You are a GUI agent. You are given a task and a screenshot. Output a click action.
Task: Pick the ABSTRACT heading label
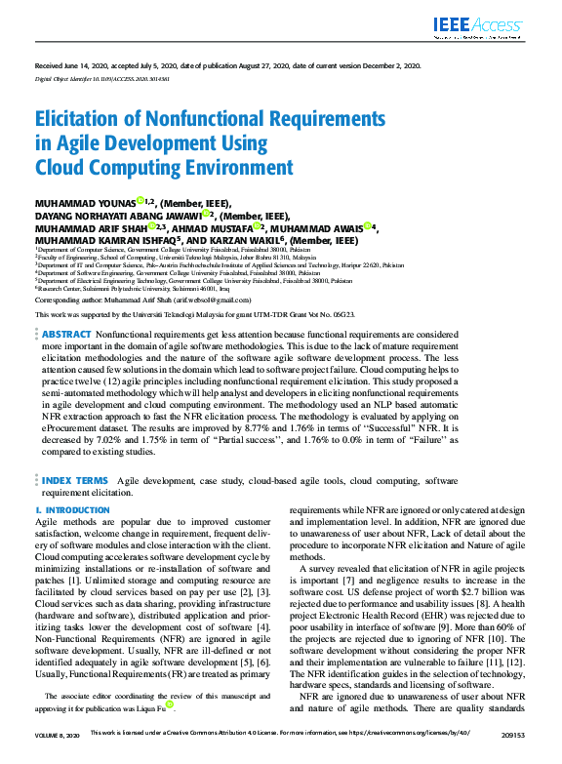click(x=66, y=334)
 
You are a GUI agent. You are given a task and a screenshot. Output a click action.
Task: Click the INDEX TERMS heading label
click(x=74, y=481)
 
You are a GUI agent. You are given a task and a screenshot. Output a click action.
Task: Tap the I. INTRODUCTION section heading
click(x=66, y=510)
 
